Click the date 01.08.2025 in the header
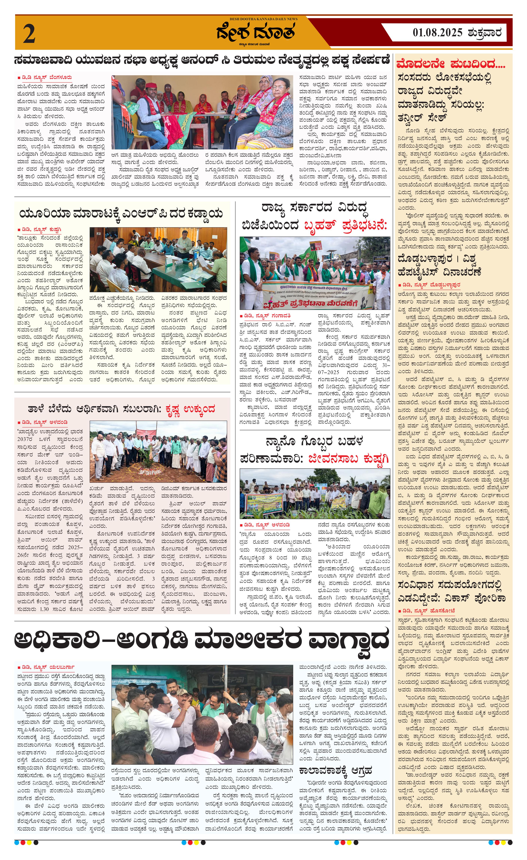click(x=437, y=33)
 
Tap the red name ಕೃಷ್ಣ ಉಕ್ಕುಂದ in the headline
click(x=190, y=409)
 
